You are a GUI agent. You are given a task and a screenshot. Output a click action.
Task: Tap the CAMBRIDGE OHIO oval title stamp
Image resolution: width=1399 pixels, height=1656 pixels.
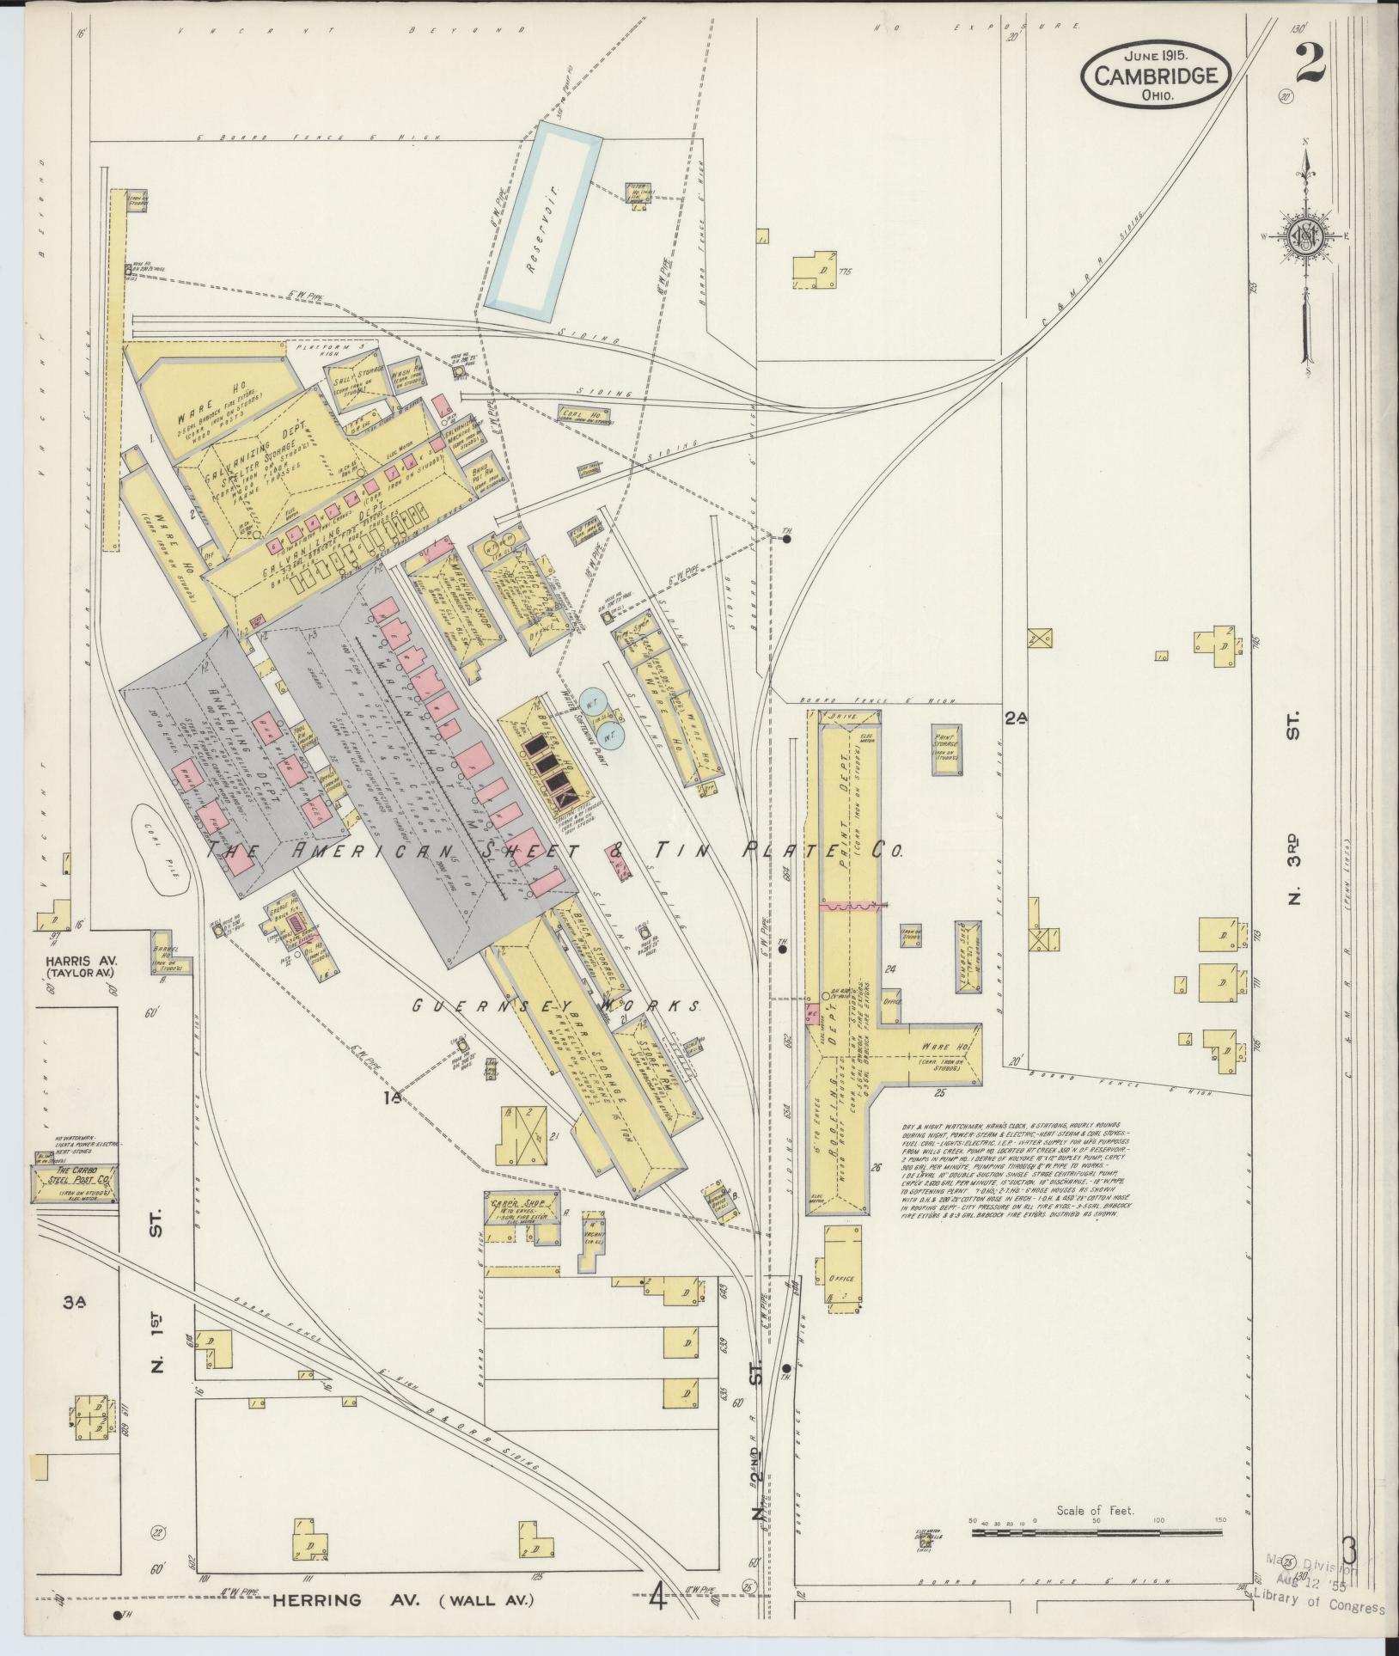coord(1155,77)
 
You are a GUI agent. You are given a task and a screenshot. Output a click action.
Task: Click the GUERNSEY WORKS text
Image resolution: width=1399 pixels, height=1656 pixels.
coord(557,1004)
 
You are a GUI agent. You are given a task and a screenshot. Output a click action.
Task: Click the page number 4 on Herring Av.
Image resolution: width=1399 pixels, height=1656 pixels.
coord(658,1599)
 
